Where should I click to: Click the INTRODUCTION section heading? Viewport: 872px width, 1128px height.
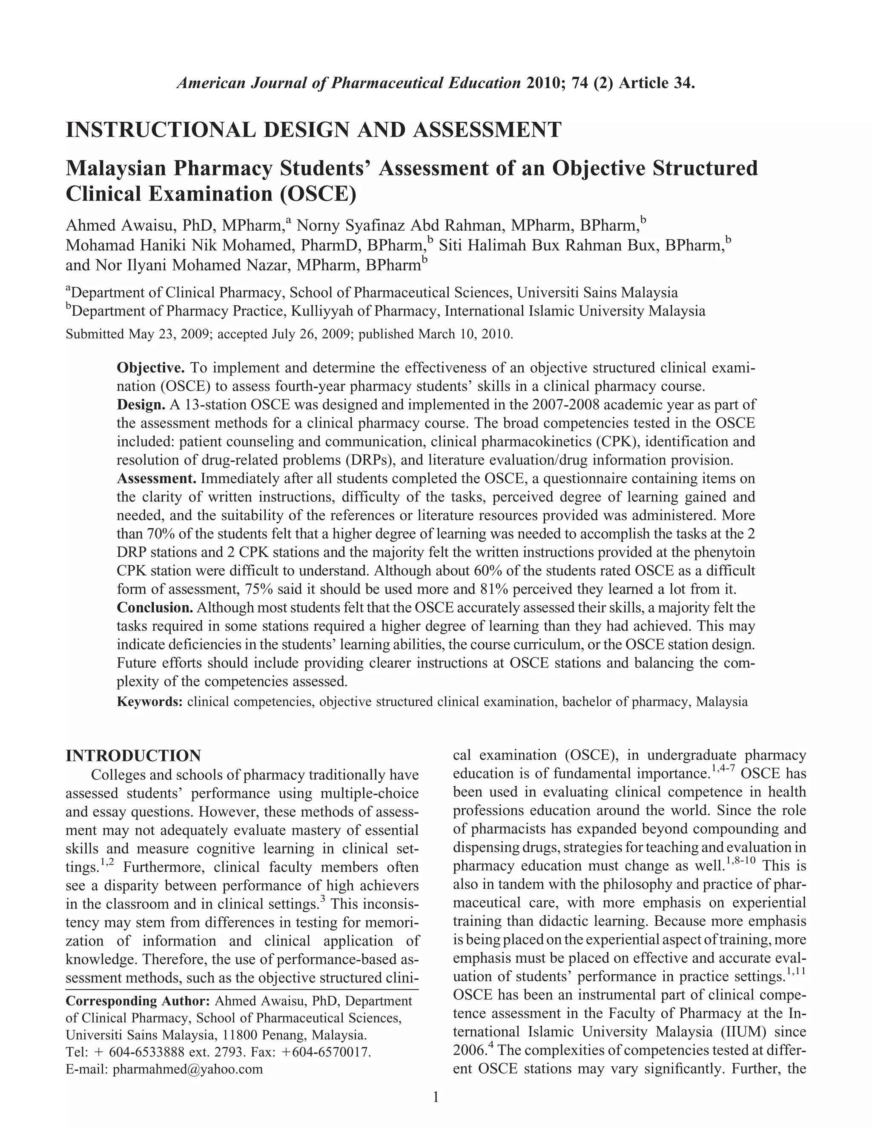(x=133, y=756)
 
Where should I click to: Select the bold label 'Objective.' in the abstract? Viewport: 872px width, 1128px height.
(x=151, y=368)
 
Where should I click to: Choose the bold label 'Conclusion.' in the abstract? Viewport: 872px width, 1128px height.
(x=155, y=607)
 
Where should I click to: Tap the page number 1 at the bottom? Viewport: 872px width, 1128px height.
(x=436, y=1097)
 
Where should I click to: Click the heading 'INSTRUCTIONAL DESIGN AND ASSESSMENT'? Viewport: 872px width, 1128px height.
(x=313, y=130)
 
